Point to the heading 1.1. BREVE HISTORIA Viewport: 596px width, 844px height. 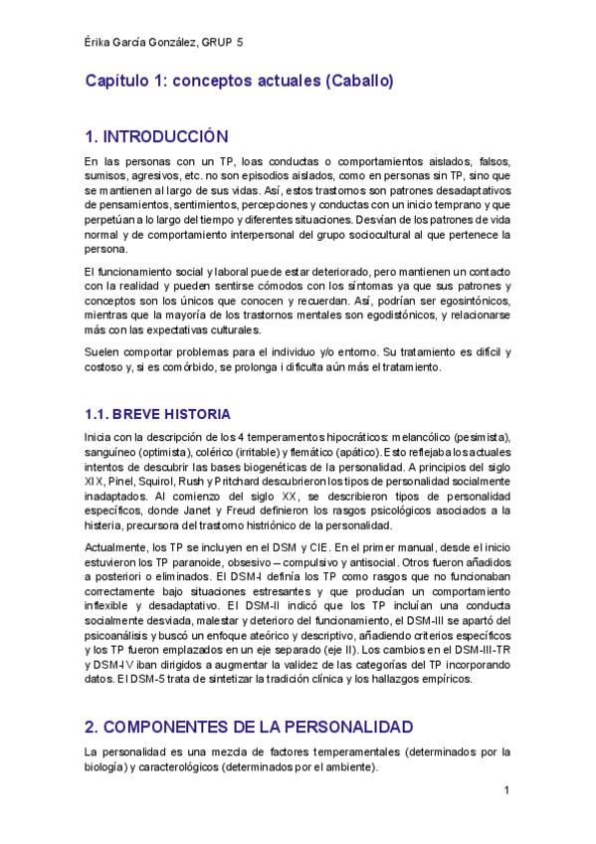tap(157, 414)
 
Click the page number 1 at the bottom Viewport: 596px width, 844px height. tap(506, 790)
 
